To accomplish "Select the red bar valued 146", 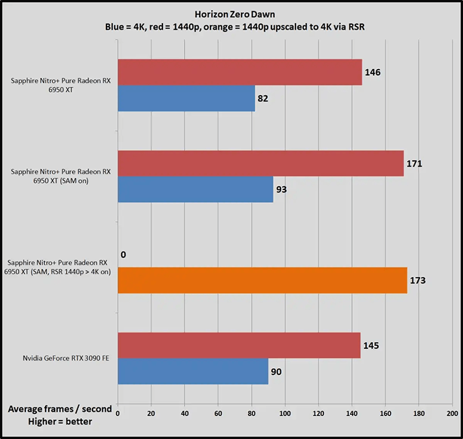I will [240, 72].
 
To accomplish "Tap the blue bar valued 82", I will [186, 98].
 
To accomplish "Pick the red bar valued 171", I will [261, 163].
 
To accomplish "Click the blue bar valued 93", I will [195, 189].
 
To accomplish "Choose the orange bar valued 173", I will [263, 281].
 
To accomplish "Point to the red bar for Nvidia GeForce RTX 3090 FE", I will [239, 345].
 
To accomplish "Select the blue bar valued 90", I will [193, 371].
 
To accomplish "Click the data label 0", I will [123, 255].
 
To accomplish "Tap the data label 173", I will [420, 281].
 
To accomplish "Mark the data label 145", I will [373, 345].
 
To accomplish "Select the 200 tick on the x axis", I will [452, 413].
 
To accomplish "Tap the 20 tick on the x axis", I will [151, 413].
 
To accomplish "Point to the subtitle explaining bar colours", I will [231, 27].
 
